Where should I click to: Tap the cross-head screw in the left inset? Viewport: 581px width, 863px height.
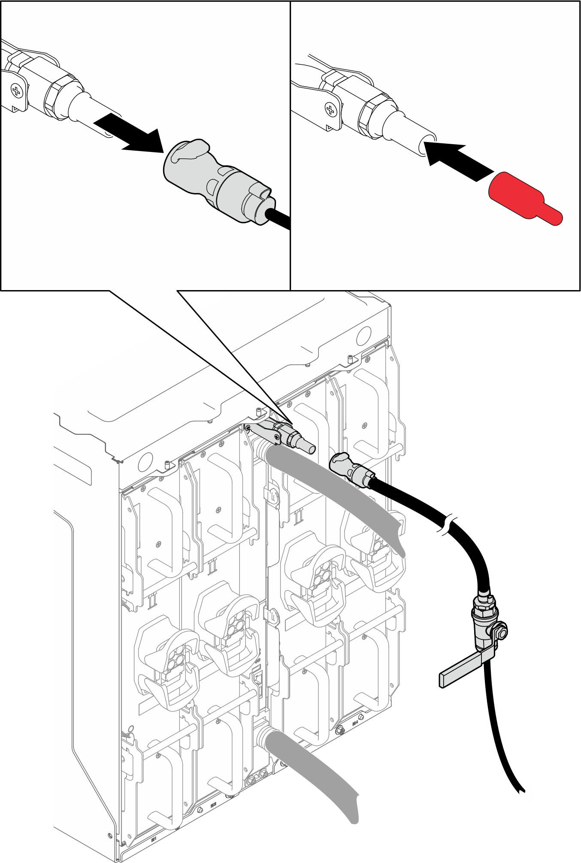pos(16,91)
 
